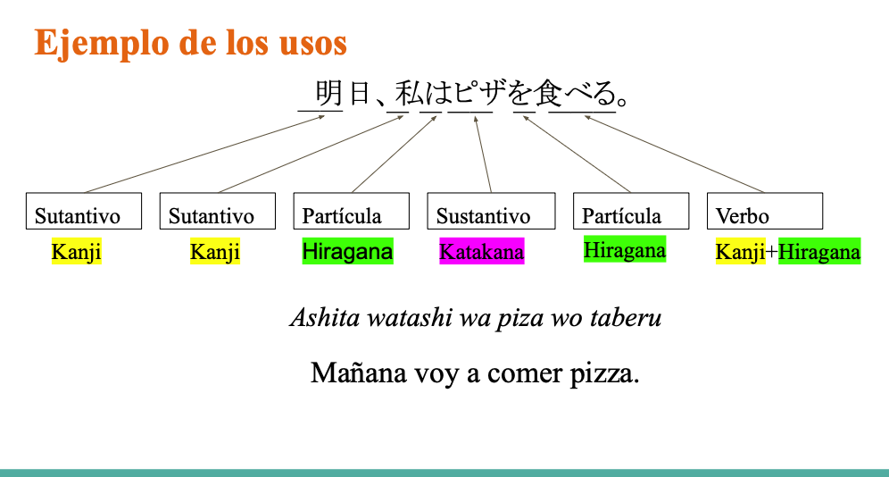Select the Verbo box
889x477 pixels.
[x=765, y=211]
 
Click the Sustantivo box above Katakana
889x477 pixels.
[x=491, y=211]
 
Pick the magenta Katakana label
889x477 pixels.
[x=482, y=251]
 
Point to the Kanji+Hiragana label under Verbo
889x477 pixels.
[x=788, y=251]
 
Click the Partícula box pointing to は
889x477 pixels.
[x=352, y=211]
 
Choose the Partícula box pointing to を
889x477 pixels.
[x=631, y=211]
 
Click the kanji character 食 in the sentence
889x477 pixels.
[x=548, y=92]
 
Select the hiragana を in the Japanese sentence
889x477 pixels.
[x=519, y=92]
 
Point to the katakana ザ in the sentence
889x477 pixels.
[x=492, y=92]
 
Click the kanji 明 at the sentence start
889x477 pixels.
[x=328, y=92]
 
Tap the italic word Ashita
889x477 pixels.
[x=325, y=317]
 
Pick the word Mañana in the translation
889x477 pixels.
[x=358, y=372]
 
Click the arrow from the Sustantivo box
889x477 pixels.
[x=483, y=155]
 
